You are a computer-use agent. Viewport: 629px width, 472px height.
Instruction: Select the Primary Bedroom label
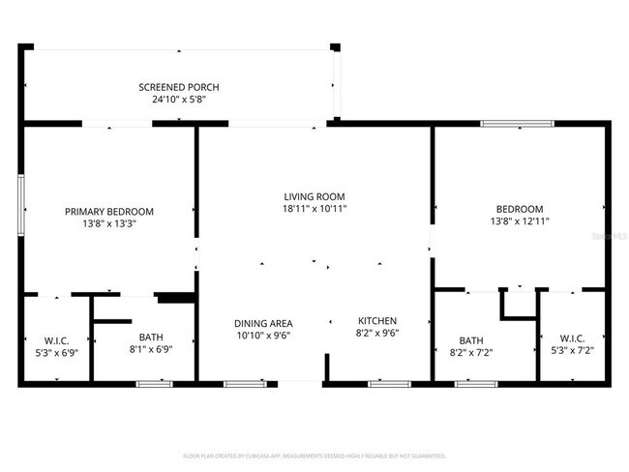point(108,211)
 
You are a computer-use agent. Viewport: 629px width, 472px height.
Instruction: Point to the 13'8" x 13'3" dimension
point(108,223)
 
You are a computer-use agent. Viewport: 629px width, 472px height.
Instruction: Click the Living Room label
point(314,196)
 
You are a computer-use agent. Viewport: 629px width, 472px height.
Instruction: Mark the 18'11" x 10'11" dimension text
point(314,208)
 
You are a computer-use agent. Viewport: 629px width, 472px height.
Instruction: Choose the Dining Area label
point(263,323)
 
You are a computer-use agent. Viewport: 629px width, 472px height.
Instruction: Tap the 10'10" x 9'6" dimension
point(263,335)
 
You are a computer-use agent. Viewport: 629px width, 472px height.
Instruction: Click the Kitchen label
point(377,321)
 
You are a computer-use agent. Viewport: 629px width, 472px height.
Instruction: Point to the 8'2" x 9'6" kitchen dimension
point(377,333)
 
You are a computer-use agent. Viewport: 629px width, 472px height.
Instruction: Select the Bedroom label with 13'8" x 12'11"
point(520,209)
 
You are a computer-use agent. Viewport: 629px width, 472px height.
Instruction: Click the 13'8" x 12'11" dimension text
point(520,221)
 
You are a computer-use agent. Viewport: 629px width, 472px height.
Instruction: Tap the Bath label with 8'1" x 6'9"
point(150,338)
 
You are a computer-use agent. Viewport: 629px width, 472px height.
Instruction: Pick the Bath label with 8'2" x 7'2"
point(471,340)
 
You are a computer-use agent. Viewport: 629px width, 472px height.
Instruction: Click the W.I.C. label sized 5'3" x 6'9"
point(56,339)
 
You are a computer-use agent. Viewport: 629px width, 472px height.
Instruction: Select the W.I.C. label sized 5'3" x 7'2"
point(571,339)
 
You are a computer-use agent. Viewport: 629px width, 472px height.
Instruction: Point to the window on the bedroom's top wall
point(518,124)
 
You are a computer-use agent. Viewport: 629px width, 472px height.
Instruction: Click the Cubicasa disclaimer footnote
point(314,455)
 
